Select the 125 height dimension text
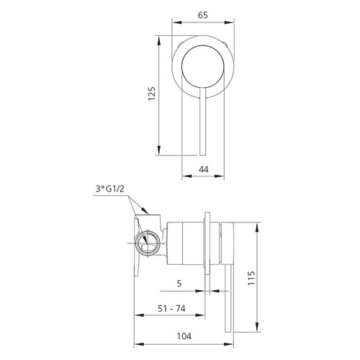(x=150, y=93)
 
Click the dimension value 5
(x=178, y=283)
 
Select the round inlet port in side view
(x=148, y=242)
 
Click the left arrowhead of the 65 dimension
(x=174, y=23)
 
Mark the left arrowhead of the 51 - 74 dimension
(x=138, y=318)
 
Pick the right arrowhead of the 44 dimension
(x=228, y=177)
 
